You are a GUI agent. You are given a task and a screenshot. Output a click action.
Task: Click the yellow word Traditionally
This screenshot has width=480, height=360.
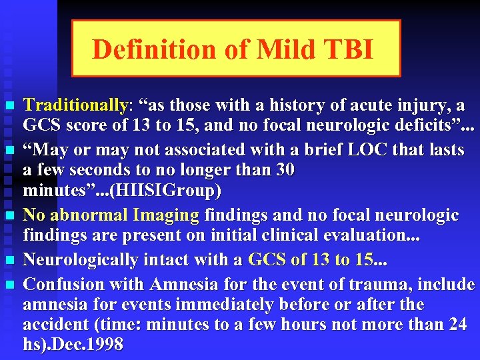pos(75,106)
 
